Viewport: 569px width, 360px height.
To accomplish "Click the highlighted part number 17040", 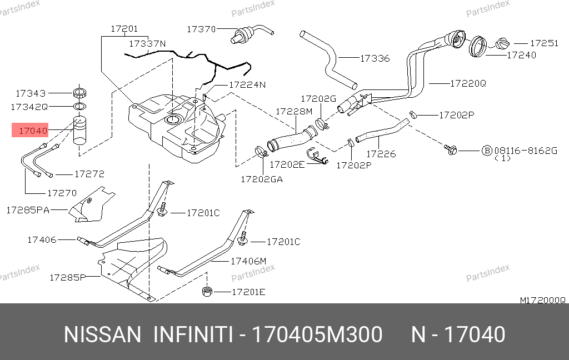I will click(33, 131).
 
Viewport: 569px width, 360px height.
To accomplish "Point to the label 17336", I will click(375, 58).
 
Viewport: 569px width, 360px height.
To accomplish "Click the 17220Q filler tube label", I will click(468, 83).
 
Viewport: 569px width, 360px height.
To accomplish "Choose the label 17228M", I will click(294, 112).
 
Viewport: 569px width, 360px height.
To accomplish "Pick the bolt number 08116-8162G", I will click(525, 150).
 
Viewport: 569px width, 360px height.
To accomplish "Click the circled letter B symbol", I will click(486, 150).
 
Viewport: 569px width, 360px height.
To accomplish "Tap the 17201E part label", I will click(248, 292).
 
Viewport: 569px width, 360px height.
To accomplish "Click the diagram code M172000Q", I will click(542, 300).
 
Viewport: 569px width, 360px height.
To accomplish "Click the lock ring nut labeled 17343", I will click(79, 93).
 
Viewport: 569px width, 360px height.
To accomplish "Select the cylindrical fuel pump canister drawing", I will click(80, 131).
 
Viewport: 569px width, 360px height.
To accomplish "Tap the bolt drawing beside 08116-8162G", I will click(450, 149).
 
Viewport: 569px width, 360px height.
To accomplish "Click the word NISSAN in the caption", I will click(103, 335).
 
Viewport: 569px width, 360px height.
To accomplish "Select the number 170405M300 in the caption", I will click(317, 335).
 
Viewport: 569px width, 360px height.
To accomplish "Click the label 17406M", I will click(248, 261).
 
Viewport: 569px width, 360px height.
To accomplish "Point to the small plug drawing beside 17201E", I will click(208, 291).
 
